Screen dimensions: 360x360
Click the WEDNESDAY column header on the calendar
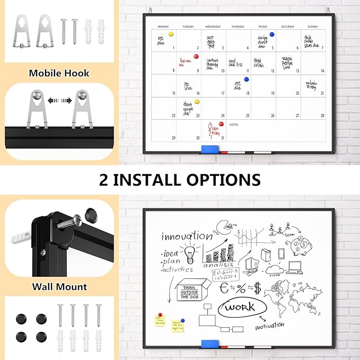pos(213,26)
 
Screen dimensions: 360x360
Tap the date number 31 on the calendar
pos(223,138)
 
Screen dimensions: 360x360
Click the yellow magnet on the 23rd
pos(197,101)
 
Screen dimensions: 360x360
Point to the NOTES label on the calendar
pos(234,125)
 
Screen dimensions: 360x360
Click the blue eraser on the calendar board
pos(207,150)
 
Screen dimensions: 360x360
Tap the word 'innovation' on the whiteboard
pos(187,235)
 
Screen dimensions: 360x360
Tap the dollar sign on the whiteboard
pos(257,288)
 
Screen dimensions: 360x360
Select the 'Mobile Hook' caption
pos(59,74)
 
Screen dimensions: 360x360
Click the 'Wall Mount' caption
pos(59,287)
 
